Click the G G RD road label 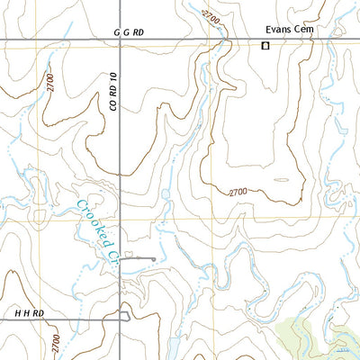tap(129, 32)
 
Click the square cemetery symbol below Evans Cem tap(265, 45)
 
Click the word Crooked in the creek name tap(93, 222)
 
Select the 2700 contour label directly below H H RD tap(55, 342)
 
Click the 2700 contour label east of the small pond tap(238, 192)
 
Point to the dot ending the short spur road tap(154, 259)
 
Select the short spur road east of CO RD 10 tap(139, 259)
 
